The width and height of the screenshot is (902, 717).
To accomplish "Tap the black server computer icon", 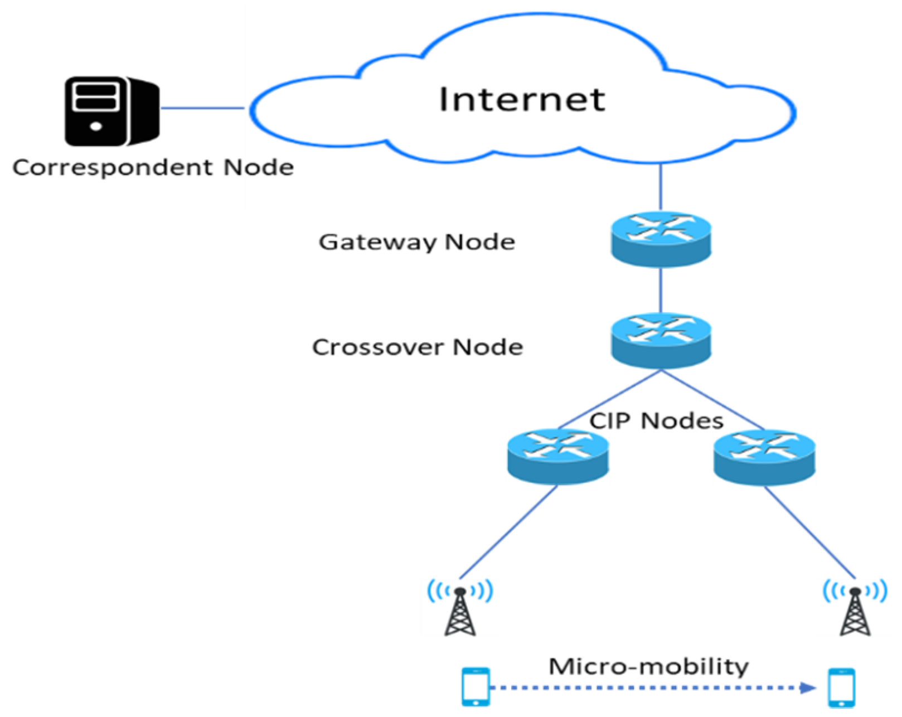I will click(111, 112).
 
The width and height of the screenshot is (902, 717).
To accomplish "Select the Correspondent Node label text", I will click(153, 168).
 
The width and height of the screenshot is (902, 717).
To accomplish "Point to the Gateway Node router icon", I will click(661, 239).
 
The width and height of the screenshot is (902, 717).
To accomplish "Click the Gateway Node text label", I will click(416, 242).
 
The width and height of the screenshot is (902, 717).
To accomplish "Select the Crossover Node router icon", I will click(661, 340).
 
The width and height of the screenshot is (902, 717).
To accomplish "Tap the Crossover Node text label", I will click(418, 347).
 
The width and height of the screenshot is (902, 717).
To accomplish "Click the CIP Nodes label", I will click(656, 420).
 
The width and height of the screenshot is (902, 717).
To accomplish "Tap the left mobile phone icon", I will click(476, 687).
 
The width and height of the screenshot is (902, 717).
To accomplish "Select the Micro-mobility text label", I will click(648, 666).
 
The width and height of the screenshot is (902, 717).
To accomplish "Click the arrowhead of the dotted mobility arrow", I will click(808, 687).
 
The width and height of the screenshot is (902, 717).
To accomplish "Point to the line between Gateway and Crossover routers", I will click(661, 290).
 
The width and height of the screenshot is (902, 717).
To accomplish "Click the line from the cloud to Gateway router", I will click(661, 187).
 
